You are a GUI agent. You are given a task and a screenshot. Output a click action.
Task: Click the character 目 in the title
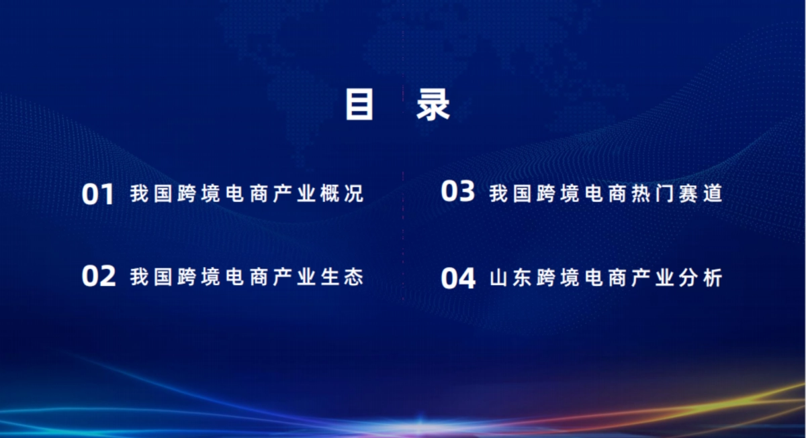[x=359, y=105]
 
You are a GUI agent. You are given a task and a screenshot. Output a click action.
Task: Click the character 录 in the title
[x=433, y=105]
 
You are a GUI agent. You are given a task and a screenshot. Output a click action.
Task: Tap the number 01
[x=98, y=195]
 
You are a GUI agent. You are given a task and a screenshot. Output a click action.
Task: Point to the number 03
[x=457, y=192]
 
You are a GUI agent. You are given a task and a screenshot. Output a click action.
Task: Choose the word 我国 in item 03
[x=512, y=193]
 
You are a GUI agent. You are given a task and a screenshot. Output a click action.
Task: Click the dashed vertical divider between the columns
[x=403, y=235]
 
